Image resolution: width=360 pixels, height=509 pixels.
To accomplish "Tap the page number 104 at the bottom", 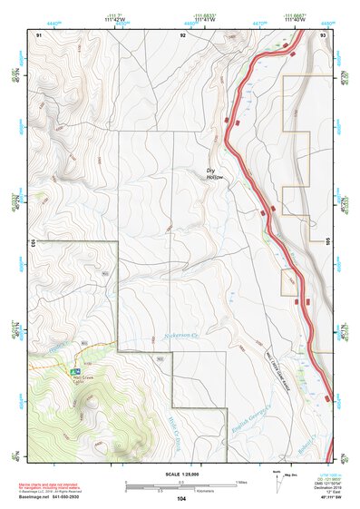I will (x=182, y=499).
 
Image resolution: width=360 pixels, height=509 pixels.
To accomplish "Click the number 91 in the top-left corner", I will (x=40, y=34).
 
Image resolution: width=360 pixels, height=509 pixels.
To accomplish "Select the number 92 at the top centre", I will (x=182, y=34).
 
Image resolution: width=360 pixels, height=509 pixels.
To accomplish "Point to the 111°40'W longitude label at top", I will (x=294, y=19).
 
